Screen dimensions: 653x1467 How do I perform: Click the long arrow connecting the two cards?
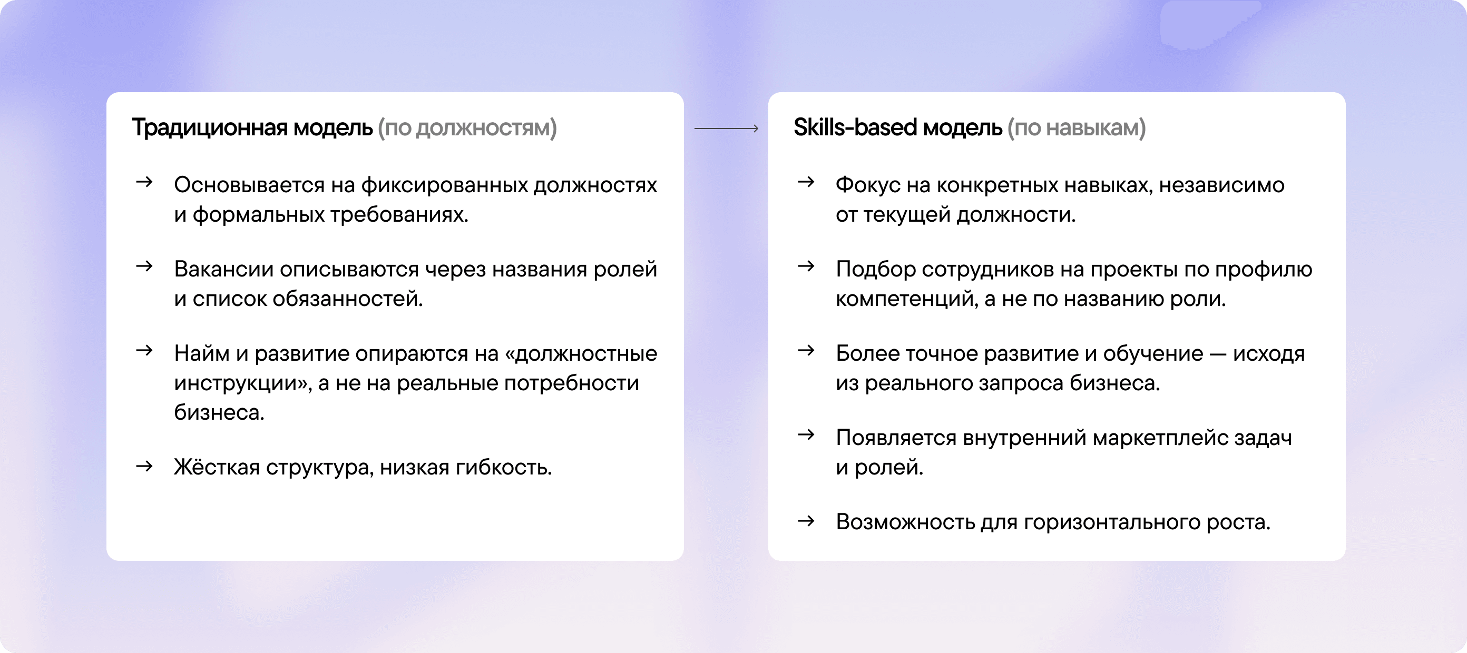(x=726, y=128)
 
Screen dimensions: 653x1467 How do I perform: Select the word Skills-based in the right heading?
(x=855, y=127)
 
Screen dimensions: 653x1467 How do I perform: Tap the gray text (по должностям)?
(x=467, y=128)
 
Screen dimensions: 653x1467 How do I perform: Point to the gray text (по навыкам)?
(x=1077, y=128)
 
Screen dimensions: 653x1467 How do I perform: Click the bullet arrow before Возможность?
(x=806, y=521)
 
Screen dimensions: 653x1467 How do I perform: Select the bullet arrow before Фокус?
(x=806, y=182)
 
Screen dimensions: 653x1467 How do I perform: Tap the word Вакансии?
(x=223, y=269)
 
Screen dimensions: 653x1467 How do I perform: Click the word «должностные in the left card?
(x=581, y=353)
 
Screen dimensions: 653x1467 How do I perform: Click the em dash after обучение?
(x=1218, y=354)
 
